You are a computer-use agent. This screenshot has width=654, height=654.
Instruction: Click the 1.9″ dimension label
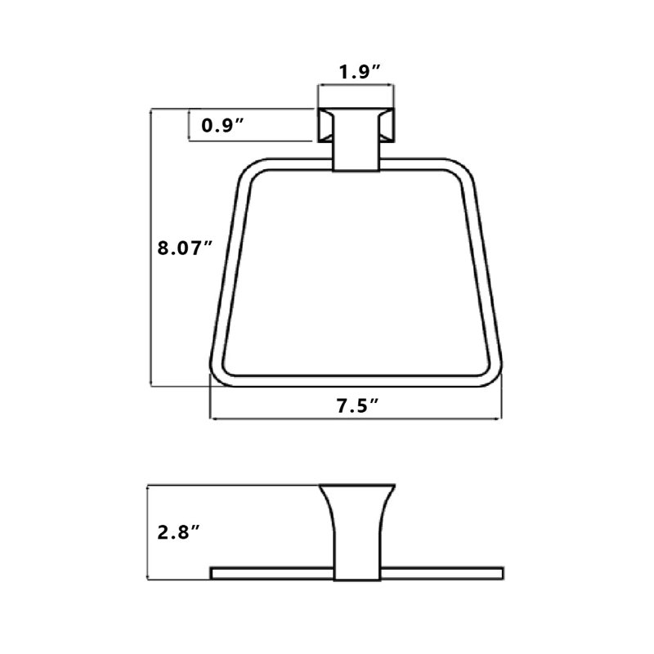360,72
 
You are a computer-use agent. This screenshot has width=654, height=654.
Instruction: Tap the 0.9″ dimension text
222,125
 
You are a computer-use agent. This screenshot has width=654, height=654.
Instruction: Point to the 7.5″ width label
357,405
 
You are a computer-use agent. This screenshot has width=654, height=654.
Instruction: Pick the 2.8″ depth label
178,532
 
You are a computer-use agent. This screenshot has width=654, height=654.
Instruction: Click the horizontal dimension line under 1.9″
356,86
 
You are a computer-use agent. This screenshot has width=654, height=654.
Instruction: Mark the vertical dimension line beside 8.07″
150,248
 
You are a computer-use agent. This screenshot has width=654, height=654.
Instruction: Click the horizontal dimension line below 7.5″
356,418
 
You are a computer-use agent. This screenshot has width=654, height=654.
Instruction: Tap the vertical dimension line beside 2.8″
148,532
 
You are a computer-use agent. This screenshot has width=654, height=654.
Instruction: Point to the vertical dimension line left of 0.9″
190,125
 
